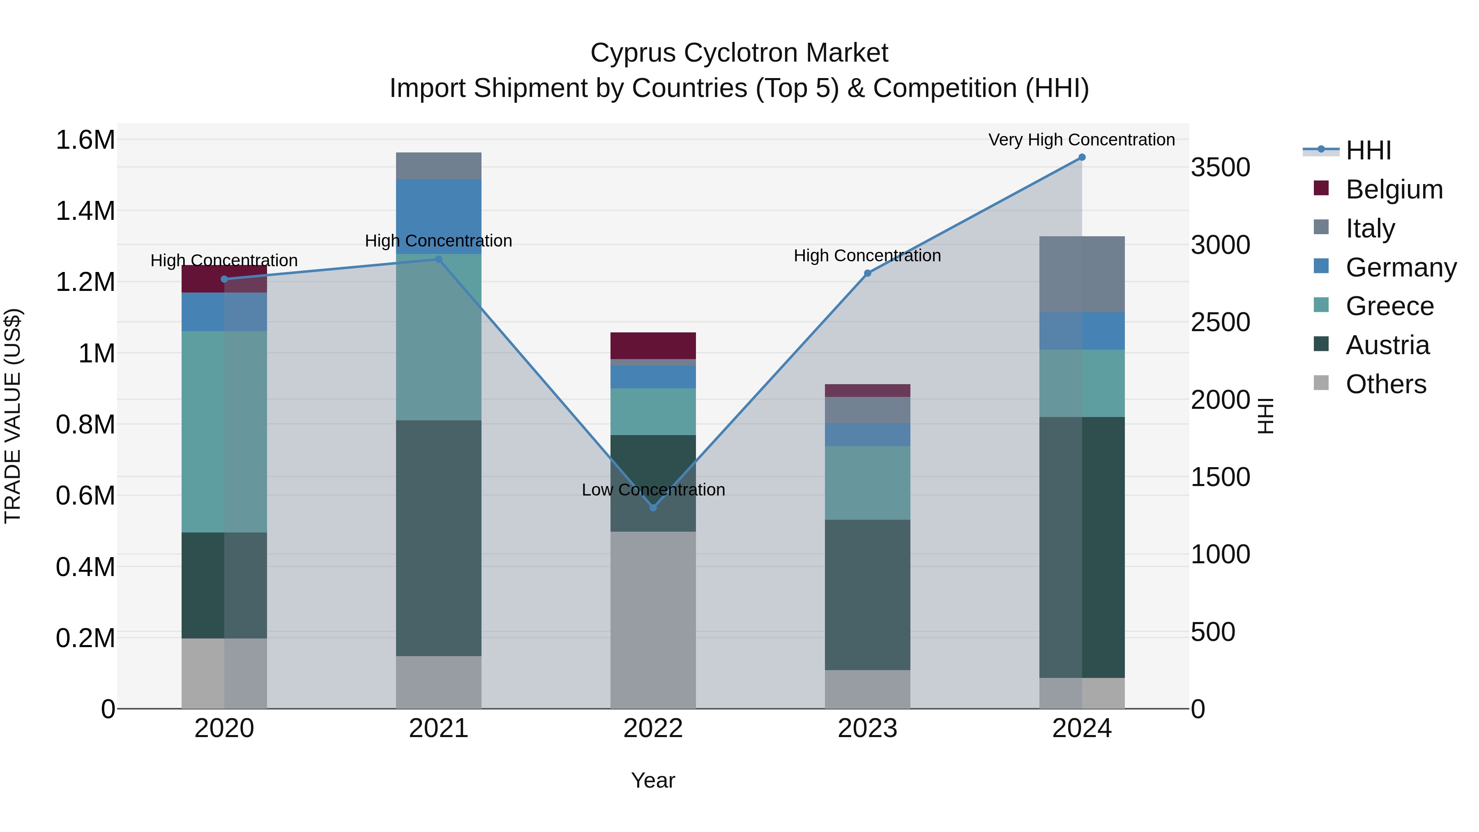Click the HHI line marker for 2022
click(653, 507)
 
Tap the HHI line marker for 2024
click(1082, 157)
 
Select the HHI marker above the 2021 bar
click(439, 260)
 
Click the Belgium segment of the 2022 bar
click(653, 346)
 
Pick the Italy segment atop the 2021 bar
click(439, 166)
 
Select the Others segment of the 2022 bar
click(653, 620)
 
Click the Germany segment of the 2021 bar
click(439, 217)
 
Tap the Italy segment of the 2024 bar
click(1082, 274)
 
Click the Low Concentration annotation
click(653, 490)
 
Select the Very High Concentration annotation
click(1081, 140)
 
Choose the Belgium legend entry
click(1394, 189)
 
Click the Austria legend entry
click(1387, 345)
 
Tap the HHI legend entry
click(1368, 150)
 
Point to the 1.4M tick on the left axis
click(85, 211)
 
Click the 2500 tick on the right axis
click(1220, 322)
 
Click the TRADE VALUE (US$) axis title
click(13, 416)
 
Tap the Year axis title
click(653, 780)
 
